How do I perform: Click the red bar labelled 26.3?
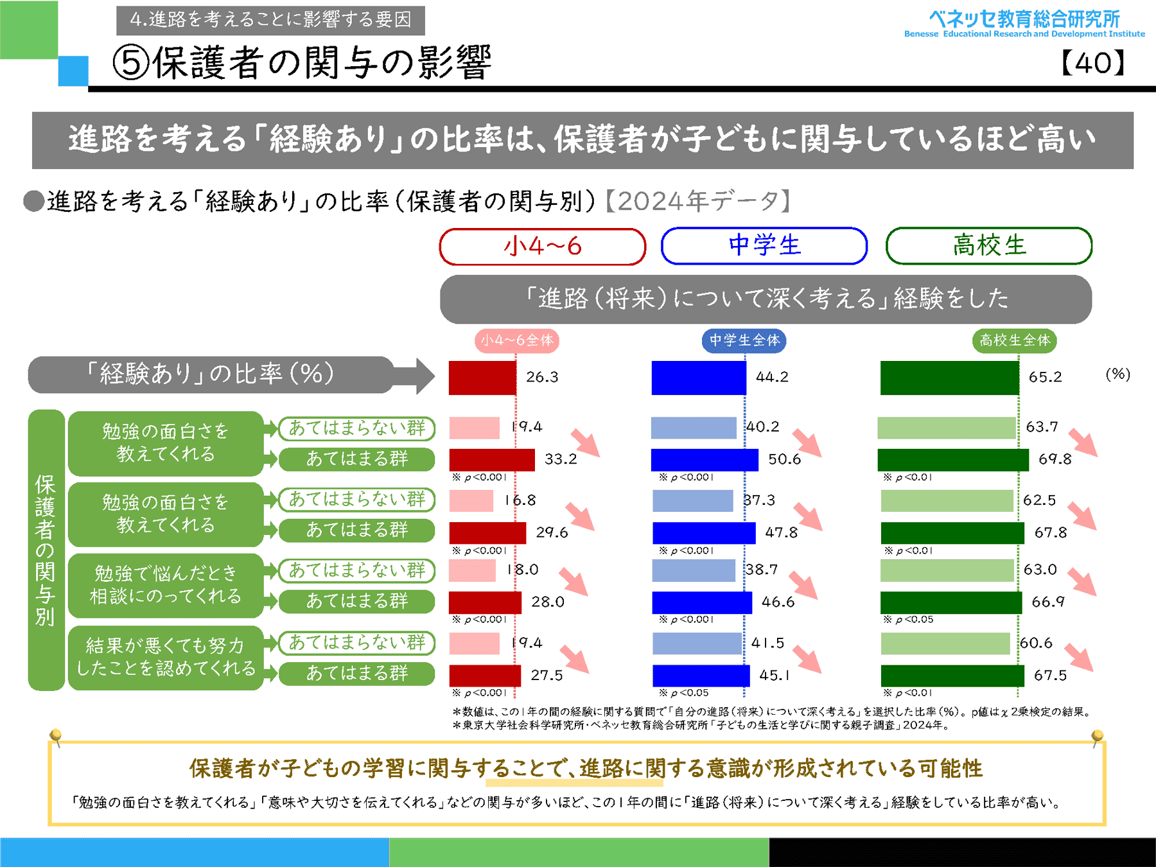482,378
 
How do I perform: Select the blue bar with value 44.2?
699,378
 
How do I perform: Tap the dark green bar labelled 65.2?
949,378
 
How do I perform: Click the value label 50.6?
784,459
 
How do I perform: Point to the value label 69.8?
1055,459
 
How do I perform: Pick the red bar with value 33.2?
492,460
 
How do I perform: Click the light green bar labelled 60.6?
945,644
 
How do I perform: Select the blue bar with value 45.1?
701,676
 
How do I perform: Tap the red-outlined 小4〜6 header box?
543,247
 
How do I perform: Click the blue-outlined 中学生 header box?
764,246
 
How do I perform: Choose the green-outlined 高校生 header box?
989,246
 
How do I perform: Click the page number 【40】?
1093,63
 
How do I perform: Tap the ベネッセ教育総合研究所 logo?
1024,24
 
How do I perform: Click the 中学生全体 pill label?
744,340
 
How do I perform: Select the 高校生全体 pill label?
1015,340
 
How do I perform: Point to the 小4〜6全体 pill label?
517,340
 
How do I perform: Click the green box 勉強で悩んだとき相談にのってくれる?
166,585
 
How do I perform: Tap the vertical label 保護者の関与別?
46,550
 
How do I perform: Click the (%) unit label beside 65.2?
1117,374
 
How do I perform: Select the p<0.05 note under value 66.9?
908,620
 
